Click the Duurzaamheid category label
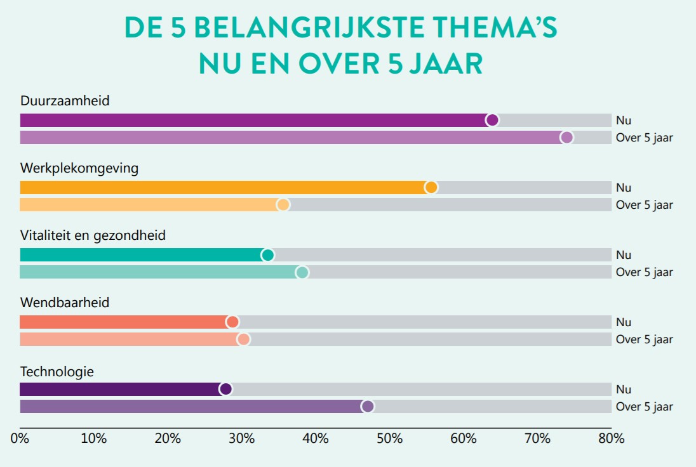click(x=65, y=101)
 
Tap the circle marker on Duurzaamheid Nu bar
click(x=492, y=120)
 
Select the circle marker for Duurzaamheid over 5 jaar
click(x=566, y=138)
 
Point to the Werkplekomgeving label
click(x=79, y=168)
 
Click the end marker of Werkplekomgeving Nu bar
click(x=431, y=187)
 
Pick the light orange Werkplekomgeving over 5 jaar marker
click(x=283, y=204)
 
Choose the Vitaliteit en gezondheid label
click(x=93, y=235)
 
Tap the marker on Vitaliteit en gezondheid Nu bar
click(x=267, y=255)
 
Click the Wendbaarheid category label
click(x=65, y=303)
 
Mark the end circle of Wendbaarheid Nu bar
click(x=232, y=322)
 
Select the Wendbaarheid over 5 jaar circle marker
click(x=243, y=339)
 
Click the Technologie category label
click(x=57, y=372)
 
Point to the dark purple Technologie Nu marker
click(x=225, y=389)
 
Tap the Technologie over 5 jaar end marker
click(x=367, y=406)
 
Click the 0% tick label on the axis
click(x=20, y=438)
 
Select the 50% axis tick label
click(x=389, y=438)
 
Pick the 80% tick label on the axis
click(x=611, y=438)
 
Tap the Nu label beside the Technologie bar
click(x=623, y=390)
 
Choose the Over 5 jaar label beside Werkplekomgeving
click(x=644, y=205)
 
